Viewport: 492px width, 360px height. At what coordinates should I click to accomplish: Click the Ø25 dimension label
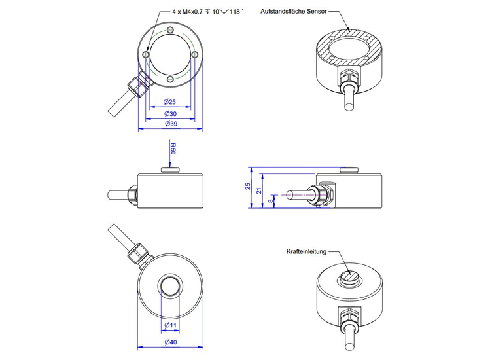click(169, 101)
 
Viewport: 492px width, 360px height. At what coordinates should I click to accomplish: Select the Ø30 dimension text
click(169, 113)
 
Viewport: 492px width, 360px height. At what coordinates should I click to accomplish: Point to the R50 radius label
click(173, 149)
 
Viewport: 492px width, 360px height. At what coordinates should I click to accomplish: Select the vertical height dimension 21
click(260, 191)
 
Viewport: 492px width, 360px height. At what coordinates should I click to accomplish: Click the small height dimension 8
click(272, 202)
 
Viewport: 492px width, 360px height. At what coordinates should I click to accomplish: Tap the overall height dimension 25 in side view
click(249, 187)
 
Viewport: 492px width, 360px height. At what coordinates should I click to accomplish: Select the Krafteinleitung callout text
click(306, 251)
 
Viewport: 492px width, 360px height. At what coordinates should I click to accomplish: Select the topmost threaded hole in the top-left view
click(170, 30)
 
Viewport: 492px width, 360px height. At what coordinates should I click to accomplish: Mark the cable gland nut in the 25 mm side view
click(323, 194)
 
